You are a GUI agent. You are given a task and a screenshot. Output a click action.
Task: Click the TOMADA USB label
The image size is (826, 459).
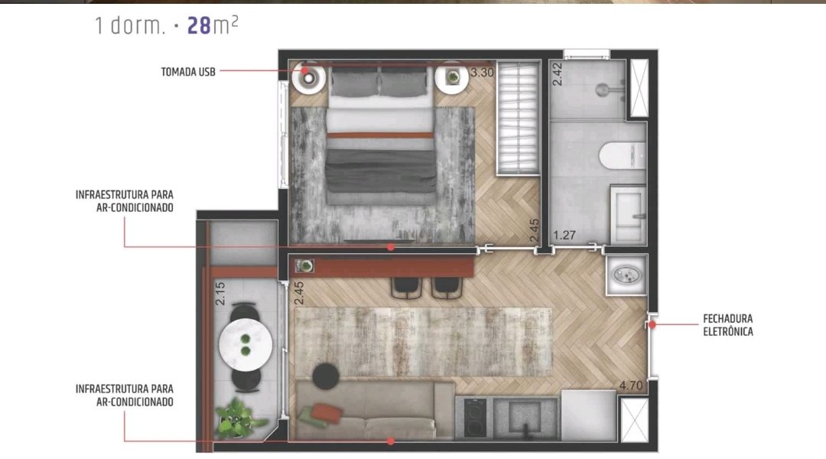click(x=188, y=72)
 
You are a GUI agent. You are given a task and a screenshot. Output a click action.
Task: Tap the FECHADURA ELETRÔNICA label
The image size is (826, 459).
click(x=728, y=325)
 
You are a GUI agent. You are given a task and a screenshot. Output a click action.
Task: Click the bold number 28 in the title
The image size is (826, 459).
click(x=199, y=25)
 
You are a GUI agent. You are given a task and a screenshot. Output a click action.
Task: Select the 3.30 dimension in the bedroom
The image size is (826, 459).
click(x=482, y=72)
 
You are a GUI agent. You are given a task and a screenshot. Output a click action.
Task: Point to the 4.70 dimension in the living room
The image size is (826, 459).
click(x=631, y=386)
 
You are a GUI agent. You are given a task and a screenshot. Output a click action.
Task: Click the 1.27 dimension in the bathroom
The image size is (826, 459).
click(x=564, y=235)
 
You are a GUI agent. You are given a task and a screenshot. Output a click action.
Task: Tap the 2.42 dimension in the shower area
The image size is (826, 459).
click(x=558, y=74)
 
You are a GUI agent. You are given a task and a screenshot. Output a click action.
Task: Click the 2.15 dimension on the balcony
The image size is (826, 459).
click(x=220, y=294)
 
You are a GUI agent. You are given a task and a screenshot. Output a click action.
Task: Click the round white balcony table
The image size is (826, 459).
click(x=246, y=345)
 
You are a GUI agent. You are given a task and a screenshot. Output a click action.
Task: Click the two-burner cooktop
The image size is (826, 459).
click(x=475, y=418)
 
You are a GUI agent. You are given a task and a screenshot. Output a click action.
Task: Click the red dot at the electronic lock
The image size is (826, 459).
click(x=652, y=324)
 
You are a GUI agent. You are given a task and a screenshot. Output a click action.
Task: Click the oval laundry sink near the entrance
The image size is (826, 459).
click(x=626, y=275)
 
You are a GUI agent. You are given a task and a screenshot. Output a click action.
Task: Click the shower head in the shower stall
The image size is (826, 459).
click(x=603, y=90)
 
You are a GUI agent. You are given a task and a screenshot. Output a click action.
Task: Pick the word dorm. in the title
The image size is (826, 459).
click(x=138, y=26)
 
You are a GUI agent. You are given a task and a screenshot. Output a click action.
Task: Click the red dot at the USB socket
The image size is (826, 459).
click(x=305, y=70)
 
